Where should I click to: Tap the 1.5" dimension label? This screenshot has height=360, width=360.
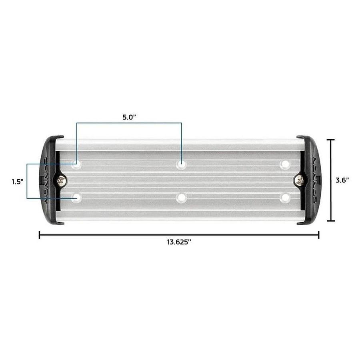click(x=17, y=181)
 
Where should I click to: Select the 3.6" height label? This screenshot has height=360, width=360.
click(x=342, y=180)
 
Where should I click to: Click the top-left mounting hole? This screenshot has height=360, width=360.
click(x=76, y=164)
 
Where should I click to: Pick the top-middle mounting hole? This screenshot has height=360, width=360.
click(x=182, y=164)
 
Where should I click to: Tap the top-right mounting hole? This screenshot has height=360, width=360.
click(x=285, y=164)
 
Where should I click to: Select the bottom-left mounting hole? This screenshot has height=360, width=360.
click(x=76, y=197)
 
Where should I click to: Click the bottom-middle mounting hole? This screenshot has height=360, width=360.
click(x=182, y=197)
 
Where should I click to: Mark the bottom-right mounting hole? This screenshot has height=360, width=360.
click(x=285, y=197)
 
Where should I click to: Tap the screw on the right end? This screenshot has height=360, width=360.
click(x=299, y=181)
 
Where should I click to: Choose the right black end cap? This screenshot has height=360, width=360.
click(x=311, y=180)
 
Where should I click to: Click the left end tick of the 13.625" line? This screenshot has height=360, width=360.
click(x=39, y=235)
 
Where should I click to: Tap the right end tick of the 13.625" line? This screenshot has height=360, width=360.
click(x=318, y=235)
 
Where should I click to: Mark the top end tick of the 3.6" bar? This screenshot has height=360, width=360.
click(x=330, y=140)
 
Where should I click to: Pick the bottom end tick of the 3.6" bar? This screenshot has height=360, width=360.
click(x=330, y=221)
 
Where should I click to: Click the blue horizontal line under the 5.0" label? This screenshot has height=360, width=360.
click(x=128, y=123)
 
